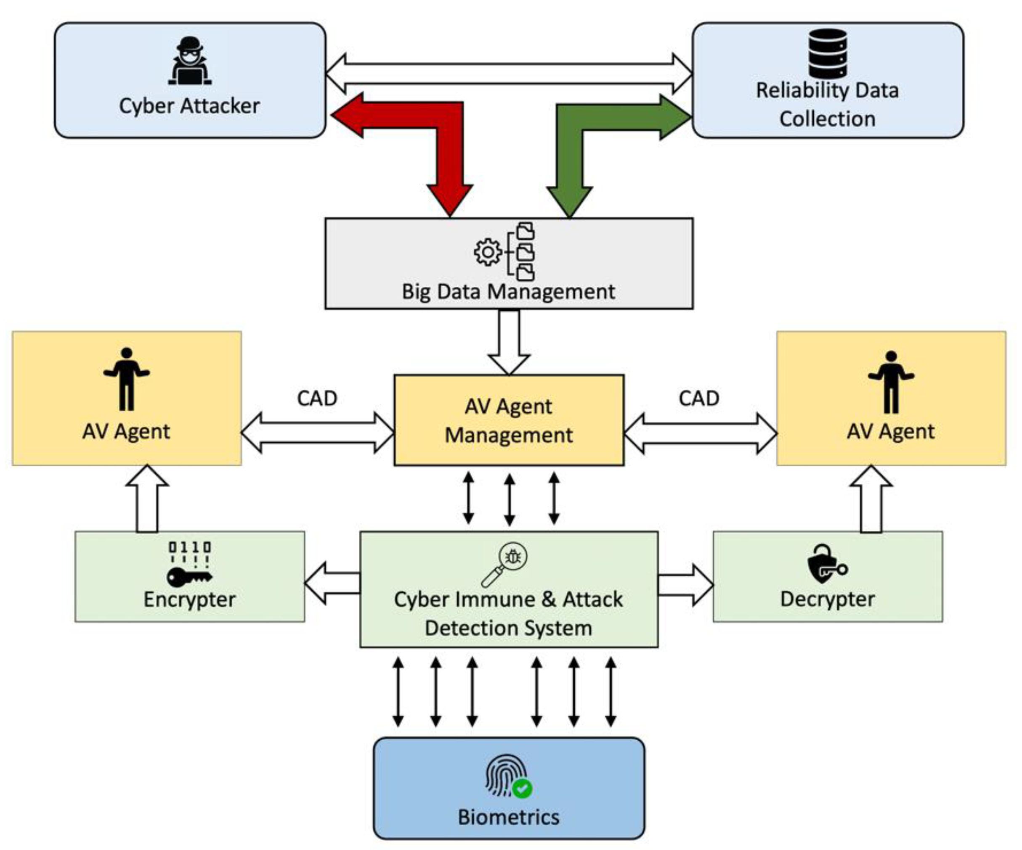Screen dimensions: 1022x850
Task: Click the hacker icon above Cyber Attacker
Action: point(190,61)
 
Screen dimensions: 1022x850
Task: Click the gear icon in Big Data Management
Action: point(487,252)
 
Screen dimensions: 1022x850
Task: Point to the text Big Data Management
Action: point(508,292)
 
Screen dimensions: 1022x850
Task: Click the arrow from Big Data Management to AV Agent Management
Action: point(509,342)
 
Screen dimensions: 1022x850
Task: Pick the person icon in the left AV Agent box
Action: point(127,379)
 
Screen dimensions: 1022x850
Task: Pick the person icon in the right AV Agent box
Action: point(891,382)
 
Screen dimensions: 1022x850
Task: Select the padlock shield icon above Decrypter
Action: point(827,564)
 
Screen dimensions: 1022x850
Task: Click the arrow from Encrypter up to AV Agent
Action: point(147,499)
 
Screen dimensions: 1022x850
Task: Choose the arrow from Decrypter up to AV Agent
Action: point(871,499)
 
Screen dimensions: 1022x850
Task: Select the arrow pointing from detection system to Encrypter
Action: point(332,583)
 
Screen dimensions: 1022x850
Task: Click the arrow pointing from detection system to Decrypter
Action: point(686,585)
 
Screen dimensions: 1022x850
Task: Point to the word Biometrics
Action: point(509,817)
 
